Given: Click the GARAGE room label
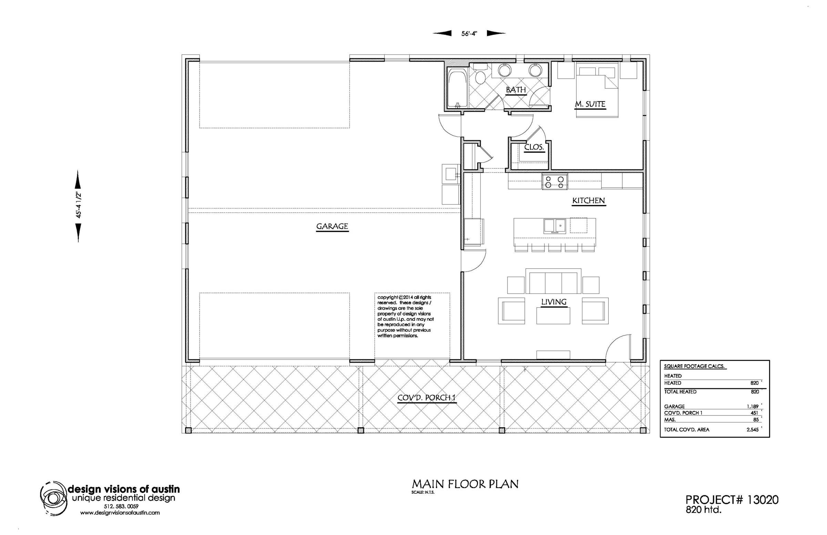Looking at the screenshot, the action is click(x=332, y=226).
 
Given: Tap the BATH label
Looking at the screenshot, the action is click(x=516, y=90).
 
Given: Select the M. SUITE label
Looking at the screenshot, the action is click(x=590, y=104).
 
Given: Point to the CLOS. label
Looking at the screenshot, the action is click(x=534, y=147).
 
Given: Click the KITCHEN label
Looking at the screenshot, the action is click(x=589, y=200).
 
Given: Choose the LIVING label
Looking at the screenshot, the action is click(x=554, y=302).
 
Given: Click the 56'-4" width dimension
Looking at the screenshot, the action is click(x=469, y=33).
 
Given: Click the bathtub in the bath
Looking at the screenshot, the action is click(x=457, y=89).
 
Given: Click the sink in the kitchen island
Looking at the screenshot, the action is click(x=554, y=226).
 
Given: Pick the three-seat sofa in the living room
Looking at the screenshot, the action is click(x=553, y=281).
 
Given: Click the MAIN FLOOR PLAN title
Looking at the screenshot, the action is click(x=465, y=484).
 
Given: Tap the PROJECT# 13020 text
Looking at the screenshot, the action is click(x=732, y=500).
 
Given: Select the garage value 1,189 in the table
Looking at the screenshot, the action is click(x=753, y=406).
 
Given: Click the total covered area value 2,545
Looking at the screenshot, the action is click(x=753, y=429).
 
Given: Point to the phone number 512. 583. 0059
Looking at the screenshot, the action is click(x=121, y=506).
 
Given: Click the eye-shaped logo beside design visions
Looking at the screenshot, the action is click(x=53, y=498).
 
